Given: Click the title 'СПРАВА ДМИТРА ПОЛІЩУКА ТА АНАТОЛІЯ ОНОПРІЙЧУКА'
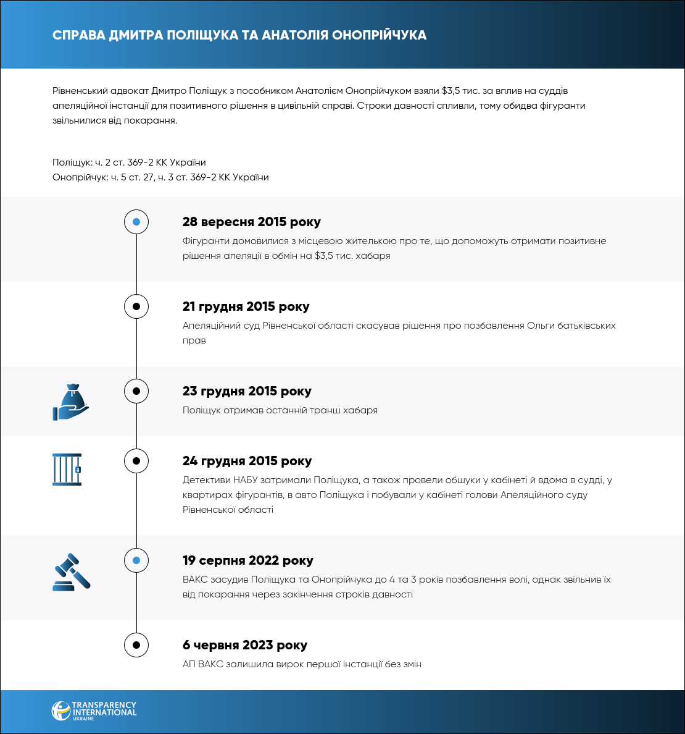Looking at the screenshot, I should pyautogui.click(x=239, y=35).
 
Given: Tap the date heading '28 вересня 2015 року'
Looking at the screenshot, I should pyautogui.click(x=251, y=222).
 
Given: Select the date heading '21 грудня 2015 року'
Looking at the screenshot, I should pyautogui.click(x=246, y=306).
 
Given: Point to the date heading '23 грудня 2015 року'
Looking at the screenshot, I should pyautogui.click(x=247, y=391).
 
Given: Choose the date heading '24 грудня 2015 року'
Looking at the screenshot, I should pyautogui.click(x=247, y=461).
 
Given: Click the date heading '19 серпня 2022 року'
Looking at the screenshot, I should pyautogui.click(x=247, y=560).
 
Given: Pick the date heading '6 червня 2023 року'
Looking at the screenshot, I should pyautogui.click(x=244, y=645).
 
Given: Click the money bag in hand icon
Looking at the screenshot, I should pyautogui.click(x=71, y=402).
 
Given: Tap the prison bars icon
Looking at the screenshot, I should pyautogui.click(x=67, y=470).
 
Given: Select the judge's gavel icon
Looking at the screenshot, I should pyautogui.click(x=72, y=572).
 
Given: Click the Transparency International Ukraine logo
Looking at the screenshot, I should pyautogui.click(x=94, y=711).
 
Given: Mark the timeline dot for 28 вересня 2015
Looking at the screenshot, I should pyautogui.click(x=136, y=222).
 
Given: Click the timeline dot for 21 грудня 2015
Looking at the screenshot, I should pyautogui.click(x=136, y=306).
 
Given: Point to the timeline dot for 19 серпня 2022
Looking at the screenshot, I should pyautogui.click(x=136, y=560).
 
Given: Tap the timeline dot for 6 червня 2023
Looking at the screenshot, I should pyautogui.click(x=136, y=645).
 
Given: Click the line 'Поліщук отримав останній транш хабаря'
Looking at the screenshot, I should pyautogui.click(x=280, y=410).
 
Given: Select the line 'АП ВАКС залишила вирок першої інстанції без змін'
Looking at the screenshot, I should pyautogui.click(x=302, y=664).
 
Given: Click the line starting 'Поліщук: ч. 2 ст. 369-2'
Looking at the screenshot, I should pyautogui.click(x=129, y=162).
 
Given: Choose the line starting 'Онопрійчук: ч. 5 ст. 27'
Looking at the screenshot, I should pyautogui.click(x=160, y=177).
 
